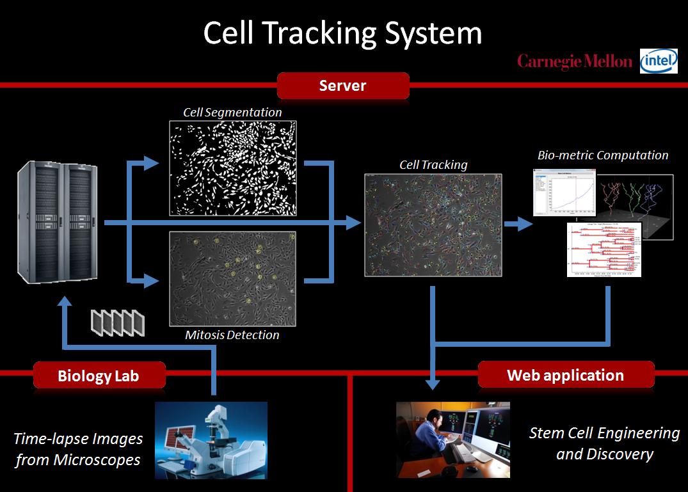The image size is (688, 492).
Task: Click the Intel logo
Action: coord(659,61)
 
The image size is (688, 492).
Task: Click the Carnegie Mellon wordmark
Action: coord(575,61)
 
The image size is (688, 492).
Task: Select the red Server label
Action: coord(342,86)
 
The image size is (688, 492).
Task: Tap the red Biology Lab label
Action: coord(99,375)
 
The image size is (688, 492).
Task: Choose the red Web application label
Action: coord(565,375)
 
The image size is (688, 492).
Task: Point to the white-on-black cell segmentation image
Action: coord(232,168)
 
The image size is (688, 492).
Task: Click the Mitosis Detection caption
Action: coord(232,335)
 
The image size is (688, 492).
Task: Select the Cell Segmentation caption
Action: coord(232,112)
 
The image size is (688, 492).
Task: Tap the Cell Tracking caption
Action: coord(433,164)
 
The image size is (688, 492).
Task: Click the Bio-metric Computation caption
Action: coord(603,155)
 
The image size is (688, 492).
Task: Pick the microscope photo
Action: coord(211,440)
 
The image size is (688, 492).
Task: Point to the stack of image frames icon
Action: coord(118,322)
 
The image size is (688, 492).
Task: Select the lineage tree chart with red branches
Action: coord(604,250)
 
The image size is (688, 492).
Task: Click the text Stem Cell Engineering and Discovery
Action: coord(604,443)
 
